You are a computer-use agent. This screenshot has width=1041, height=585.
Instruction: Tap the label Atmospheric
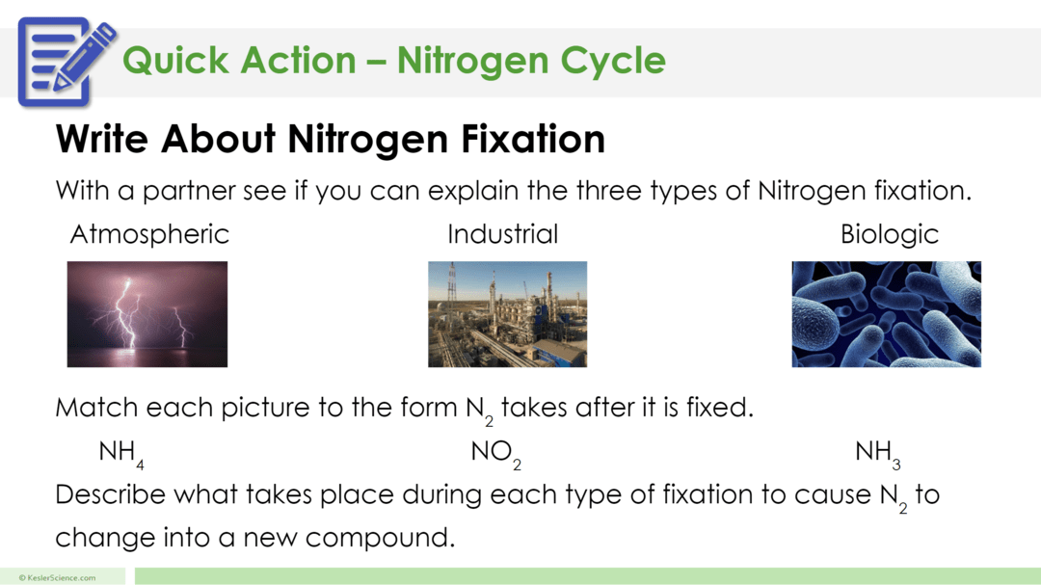click(x=149, y=234)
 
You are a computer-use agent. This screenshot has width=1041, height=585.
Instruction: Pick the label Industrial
click(x=502, y=234)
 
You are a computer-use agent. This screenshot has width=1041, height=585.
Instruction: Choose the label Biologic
click(x=889, y=234)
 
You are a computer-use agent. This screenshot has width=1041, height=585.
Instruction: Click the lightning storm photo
click(x=147, y=314)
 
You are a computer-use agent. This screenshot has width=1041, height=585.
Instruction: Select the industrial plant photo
click(x=507, y=314)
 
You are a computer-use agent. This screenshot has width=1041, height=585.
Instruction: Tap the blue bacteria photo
click(x=886, y=314)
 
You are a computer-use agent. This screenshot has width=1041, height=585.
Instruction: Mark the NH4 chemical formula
click(x=121, y=452)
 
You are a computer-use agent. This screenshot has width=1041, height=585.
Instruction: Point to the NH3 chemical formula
click(x=877, y=452)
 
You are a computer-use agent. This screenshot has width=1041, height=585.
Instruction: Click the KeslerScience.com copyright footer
click(x=57, y=577)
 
